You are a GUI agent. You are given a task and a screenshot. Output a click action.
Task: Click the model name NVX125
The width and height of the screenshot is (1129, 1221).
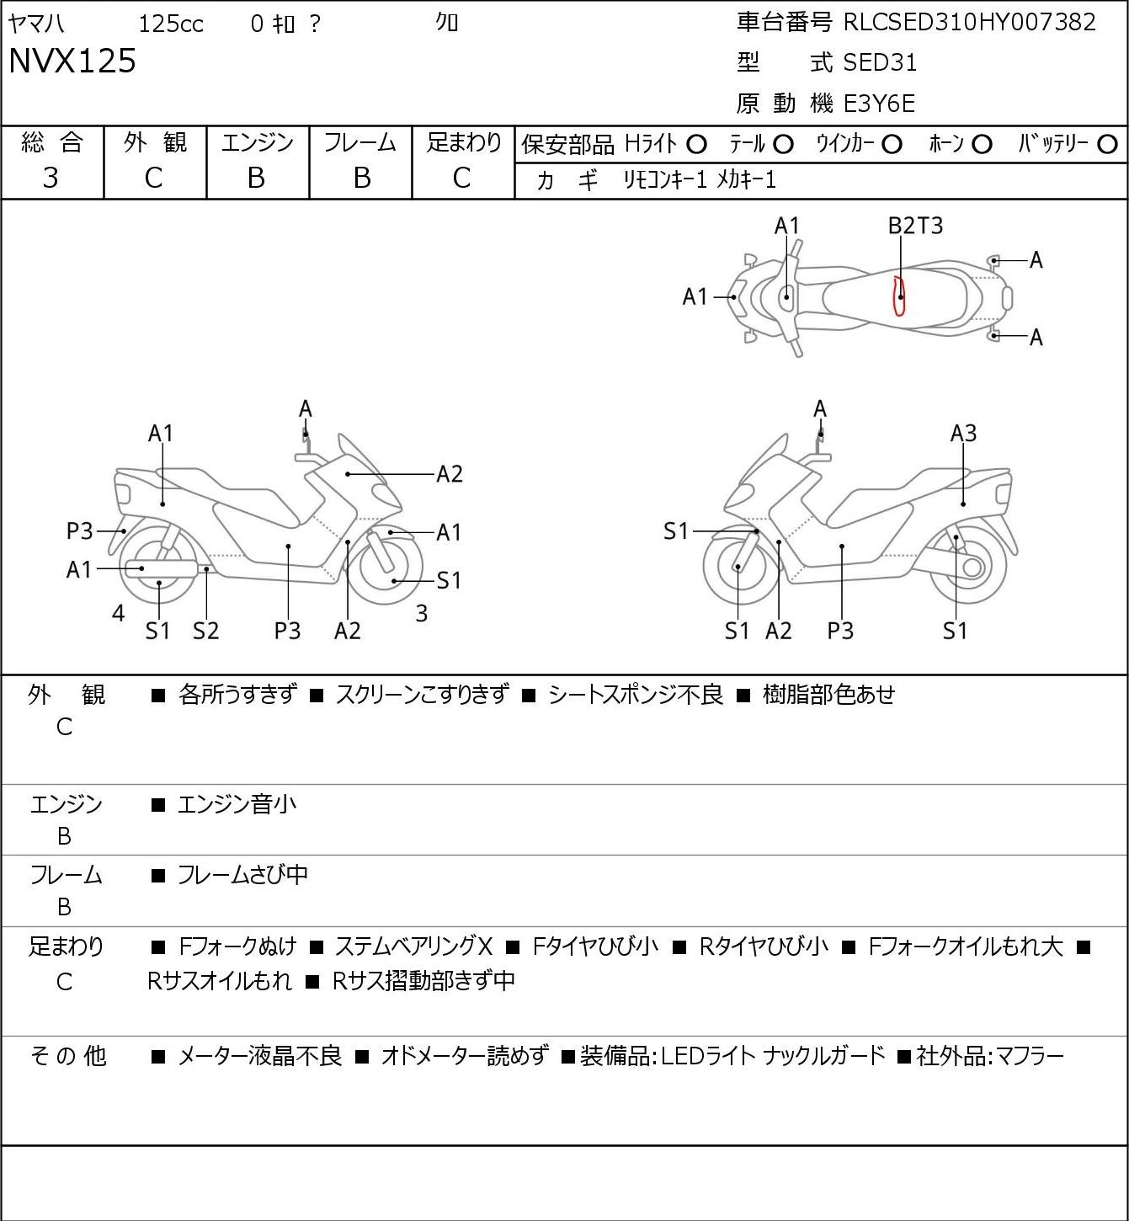(72, 61)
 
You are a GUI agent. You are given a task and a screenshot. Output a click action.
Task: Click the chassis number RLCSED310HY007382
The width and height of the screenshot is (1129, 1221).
(970, 23)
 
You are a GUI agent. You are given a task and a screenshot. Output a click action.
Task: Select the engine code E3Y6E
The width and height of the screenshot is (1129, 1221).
(879, 104)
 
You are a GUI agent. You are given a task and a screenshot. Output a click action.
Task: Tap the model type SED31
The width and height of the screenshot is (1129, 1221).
(880, 62)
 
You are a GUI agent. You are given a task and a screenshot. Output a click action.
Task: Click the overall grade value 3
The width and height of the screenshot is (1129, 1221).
(51, 179)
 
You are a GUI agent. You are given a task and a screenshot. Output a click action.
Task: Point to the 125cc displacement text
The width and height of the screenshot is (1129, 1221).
(171, 24)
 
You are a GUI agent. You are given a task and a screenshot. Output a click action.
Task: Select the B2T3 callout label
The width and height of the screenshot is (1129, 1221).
(915, 226)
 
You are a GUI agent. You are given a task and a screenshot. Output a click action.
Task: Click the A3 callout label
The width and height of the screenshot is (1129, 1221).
(963, 434)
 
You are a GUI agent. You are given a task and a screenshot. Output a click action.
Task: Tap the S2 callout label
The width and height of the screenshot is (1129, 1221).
(205, 630)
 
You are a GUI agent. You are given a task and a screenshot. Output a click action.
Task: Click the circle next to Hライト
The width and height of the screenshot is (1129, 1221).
(696, 145)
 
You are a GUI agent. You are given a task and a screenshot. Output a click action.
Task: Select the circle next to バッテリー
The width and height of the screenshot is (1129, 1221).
(1107, 145)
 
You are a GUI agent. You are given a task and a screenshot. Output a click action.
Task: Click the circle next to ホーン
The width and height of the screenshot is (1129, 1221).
(982, 145)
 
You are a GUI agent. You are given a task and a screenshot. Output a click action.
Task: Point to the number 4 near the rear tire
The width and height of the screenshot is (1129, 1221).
(119, 613)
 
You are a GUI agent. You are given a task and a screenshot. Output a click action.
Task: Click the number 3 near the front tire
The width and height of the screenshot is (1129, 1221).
(421, 613)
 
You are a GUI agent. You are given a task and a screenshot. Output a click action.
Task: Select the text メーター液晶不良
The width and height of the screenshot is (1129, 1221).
(259, 1056)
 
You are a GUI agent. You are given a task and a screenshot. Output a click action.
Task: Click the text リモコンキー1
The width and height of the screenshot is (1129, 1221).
(665, 179)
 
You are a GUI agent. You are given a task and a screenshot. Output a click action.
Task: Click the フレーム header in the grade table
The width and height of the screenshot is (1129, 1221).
(360, 142)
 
